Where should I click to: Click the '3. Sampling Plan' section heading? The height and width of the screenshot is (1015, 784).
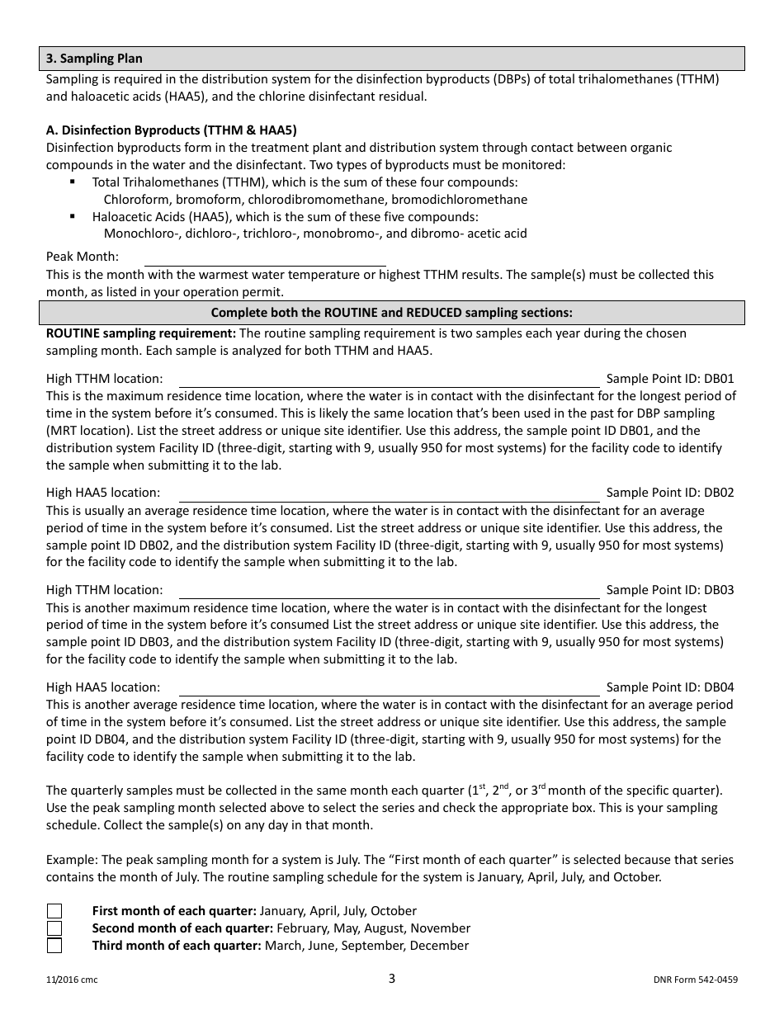[x=94, y=59]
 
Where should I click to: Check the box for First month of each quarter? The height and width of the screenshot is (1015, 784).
[x=54, y=911]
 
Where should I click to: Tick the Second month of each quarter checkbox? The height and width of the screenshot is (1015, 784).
[x=54, y=928]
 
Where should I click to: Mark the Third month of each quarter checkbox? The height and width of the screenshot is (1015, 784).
[x=54, y=946]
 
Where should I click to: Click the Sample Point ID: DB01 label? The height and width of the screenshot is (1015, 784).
[x=669, y=379]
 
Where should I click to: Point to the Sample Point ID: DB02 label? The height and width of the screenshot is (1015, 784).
[x=669, y=493]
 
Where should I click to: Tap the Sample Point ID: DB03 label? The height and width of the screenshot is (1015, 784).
[x=669, y=590]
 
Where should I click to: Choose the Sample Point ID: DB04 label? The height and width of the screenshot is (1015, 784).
[x=669, y=687]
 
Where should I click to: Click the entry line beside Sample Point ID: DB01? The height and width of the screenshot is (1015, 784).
[x=389, y=379]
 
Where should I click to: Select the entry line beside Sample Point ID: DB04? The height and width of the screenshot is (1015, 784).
[x=389, y=687]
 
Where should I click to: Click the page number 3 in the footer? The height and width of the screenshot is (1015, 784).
[x=392, y=979]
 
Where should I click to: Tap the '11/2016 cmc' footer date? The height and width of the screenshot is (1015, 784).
[x=72, y=980]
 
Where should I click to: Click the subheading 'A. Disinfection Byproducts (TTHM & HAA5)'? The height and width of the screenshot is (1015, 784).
[x=172, y=130]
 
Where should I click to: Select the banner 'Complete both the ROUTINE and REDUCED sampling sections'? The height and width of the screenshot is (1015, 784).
[x=392, y=313]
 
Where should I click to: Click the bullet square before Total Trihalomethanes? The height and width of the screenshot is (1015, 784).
[x=73, y=182]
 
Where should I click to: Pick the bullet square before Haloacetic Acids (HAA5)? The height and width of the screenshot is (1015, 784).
[x=73, y=216]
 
